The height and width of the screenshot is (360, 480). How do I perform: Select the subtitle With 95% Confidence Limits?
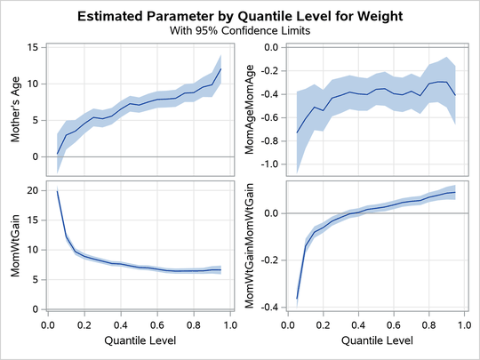[239, 30]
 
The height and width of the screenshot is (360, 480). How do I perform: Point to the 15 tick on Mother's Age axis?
[32, 48]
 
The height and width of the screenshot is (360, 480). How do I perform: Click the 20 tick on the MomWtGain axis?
[32, 190]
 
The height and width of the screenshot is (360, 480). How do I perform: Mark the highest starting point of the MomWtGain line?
[58, 190]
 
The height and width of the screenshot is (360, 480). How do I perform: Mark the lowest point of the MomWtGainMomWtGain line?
[297, 299]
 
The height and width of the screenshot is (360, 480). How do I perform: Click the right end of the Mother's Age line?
[220, 69]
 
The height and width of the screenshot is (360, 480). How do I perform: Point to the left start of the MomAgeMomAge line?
[297, 132]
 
